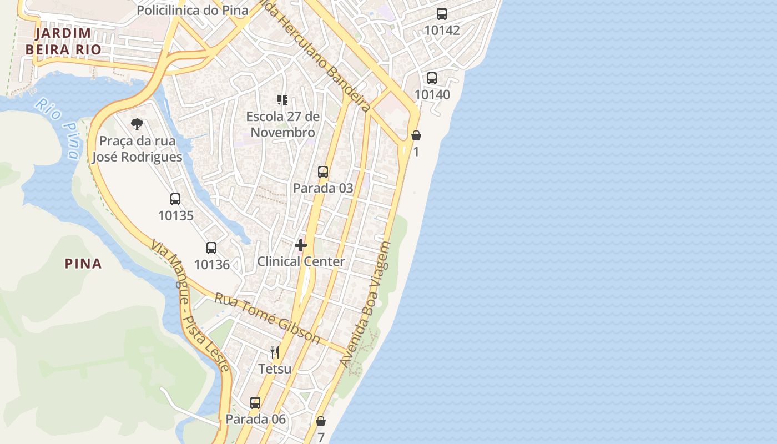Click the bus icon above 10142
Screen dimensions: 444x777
click(x=442, y=14)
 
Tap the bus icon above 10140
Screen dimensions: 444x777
click(x=432, y=78)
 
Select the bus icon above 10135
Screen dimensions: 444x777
click(x=175, y=199)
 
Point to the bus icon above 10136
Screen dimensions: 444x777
click(x=211, y=248)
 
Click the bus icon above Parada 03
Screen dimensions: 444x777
click(x=323, y=172)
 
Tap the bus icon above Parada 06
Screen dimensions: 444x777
click(x=255, y=403)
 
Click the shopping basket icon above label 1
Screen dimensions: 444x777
click(x=416, y=135)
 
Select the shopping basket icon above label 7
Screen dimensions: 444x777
click(x=321, y=421)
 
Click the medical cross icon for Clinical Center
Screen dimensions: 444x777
click(x=301, y=245)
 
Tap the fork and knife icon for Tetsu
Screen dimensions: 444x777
click(x=275, y=352)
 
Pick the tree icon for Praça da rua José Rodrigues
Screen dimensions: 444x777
click(x=137, y=124)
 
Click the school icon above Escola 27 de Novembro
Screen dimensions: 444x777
click(x=282, y=100)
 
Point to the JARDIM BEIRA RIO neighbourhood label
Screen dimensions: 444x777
click(x=63, y=41)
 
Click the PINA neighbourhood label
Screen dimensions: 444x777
click(x=83, y=264)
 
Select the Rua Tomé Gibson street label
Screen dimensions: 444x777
click(x=268, y=319)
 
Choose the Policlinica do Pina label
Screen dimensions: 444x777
click(x=192, y=11)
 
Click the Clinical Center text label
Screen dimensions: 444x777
click(x=301, y=261)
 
